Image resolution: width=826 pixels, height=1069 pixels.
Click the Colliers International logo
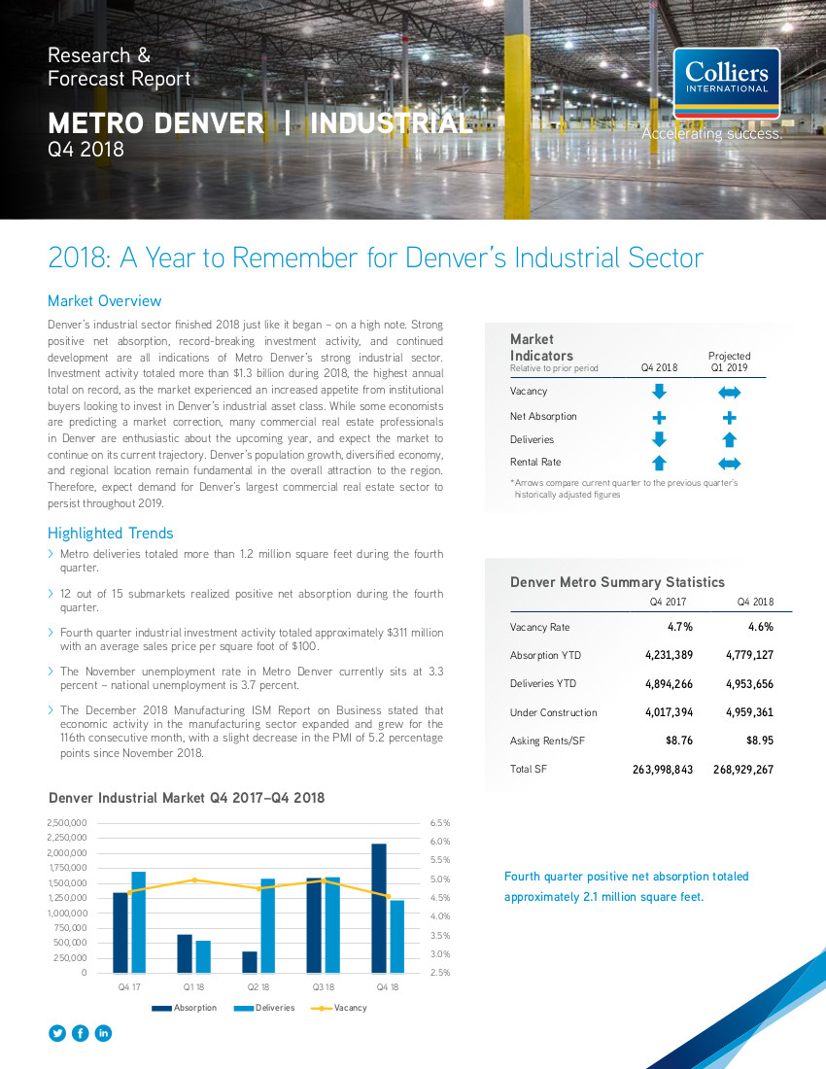coord(727,84)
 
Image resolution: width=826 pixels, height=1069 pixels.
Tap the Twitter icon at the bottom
coord(57,1034)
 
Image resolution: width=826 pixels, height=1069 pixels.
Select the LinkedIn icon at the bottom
coord(103,1034)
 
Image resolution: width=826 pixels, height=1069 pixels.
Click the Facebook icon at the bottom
coord(81,1034)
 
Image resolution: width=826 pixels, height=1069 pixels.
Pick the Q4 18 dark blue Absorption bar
coord(379,908)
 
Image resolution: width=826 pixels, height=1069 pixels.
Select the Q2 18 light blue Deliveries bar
coord(268,926)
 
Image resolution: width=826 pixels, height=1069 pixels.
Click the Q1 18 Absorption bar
coord(185,953)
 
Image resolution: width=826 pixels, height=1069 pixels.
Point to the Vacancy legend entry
coord(339,1008)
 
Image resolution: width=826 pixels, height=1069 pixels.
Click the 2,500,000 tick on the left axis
coord(67,823)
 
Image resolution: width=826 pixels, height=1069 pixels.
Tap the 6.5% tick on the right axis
coord(440,823)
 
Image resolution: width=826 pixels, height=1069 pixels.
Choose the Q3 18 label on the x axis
coord(324,987)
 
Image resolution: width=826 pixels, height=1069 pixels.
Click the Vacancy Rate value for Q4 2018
coord(761,627)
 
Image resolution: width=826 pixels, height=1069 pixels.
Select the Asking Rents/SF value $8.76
coord(679,741)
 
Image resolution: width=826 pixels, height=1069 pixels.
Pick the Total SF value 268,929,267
coord(743,769)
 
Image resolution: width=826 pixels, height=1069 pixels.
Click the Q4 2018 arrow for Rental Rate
coord(659,463)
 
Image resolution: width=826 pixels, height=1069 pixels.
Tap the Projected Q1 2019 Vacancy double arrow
coord(729,392)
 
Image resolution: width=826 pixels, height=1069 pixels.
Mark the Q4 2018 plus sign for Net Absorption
coord(659,417)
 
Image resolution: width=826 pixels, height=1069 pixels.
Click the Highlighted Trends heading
coord(111,534)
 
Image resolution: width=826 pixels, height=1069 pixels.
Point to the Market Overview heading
coord(104,300)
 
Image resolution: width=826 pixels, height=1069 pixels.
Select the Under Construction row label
coord(553,712)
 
